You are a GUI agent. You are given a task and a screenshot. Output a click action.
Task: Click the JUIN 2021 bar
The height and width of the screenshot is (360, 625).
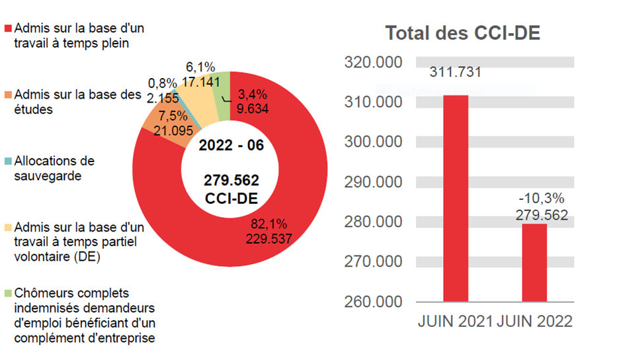[456, 199]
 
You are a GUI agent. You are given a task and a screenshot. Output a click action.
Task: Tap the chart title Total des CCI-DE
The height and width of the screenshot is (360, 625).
[462, 33]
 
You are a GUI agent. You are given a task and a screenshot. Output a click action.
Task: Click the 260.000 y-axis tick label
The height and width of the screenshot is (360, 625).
[374, 302]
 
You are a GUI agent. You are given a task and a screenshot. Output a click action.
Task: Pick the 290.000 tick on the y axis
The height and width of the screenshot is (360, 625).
[374, 182]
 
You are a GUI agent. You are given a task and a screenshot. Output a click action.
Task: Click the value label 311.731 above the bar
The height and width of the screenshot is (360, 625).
[456, 72]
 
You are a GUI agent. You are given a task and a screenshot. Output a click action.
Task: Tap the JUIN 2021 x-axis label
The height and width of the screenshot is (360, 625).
[455, 322]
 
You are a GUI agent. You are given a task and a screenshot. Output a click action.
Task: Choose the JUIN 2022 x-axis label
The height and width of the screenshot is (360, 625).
[534, 322]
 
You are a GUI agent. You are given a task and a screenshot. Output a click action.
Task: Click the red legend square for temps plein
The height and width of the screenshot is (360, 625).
[9, 30]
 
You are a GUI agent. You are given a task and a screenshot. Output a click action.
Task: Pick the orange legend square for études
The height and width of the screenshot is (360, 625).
[9, 95]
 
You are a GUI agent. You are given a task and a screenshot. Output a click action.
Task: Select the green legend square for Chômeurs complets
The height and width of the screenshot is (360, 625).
[9, 293]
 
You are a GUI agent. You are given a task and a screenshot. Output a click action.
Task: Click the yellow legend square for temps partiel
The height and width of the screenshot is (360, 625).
[9, 227]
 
